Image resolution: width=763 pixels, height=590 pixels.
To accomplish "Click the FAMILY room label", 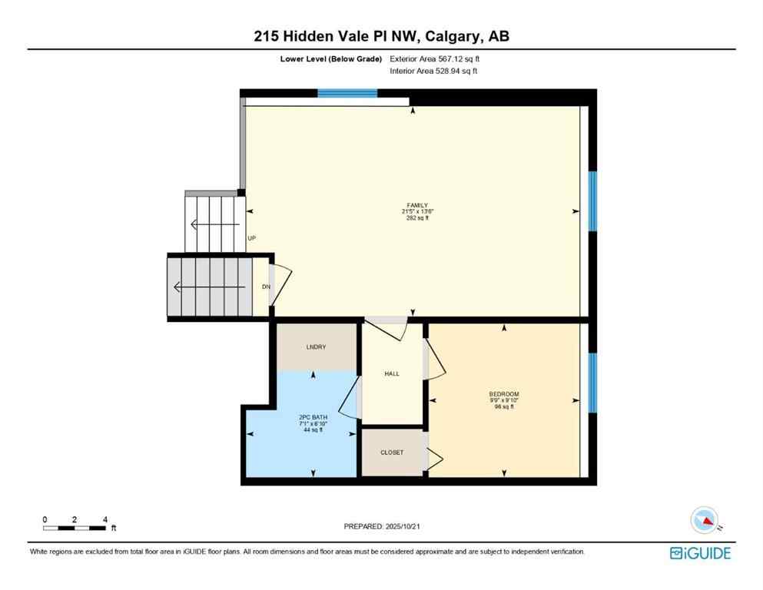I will (412, 204).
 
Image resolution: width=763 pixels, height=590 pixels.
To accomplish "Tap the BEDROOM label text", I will (504, 394).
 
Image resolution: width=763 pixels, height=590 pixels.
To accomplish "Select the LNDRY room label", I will (316, 347).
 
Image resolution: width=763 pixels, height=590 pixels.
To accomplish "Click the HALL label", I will (392, 374).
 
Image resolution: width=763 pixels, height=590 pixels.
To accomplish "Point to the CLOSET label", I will (392, 452).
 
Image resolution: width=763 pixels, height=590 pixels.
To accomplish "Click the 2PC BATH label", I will (313, 417).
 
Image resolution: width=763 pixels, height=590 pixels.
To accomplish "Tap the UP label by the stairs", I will (251, 238).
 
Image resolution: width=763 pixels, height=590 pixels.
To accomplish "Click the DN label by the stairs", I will (266, 287).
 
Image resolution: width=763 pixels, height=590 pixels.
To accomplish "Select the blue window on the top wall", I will (347, 94).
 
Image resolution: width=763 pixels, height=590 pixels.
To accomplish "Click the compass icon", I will (703, 521).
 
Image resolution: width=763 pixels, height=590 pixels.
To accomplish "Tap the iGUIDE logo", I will (700, 553).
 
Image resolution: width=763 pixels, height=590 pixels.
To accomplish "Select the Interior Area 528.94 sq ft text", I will (436, 71).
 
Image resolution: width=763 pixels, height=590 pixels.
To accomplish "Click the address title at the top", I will (382, 36).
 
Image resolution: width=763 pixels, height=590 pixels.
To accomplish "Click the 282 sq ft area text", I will (412, 218).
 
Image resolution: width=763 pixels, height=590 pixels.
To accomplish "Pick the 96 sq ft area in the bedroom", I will (504, 406).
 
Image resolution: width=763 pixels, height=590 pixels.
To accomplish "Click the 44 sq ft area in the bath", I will (313, 429).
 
